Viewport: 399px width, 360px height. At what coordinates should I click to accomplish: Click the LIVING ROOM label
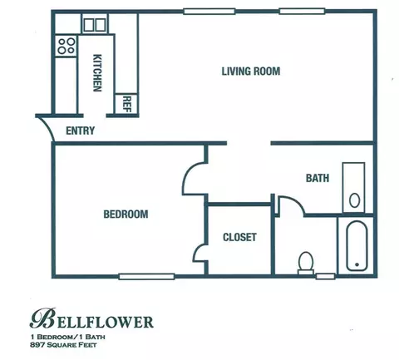251,72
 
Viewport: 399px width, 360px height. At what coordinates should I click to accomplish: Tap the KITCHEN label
97,72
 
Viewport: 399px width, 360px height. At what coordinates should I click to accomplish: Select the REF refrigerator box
126,104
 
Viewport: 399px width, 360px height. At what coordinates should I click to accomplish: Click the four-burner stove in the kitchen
66,46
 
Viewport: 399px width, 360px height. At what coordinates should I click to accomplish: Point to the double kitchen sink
95,25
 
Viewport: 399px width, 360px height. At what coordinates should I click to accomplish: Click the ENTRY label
81,131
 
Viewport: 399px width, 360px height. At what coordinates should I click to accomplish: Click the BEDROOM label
126,214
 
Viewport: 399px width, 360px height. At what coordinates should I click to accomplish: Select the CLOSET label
239,237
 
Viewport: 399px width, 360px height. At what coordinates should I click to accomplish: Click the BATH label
318,178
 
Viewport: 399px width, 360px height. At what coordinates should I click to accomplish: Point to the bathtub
357,245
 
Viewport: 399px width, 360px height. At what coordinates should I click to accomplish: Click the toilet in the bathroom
306,263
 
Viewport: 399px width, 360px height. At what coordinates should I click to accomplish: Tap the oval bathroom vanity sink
354,200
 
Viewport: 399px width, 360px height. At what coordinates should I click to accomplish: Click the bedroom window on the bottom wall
146,276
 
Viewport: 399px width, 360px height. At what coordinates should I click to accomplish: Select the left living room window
209,12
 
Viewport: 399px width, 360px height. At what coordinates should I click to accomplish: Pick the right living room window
302,12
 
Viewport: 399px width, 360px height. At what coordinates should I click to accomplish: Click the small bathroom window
326,276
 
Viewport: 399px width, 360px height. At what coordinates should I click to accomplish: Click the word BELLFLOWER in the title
91,318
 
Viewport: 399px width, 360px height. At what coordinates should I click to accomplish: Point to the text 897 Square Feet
63,345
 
